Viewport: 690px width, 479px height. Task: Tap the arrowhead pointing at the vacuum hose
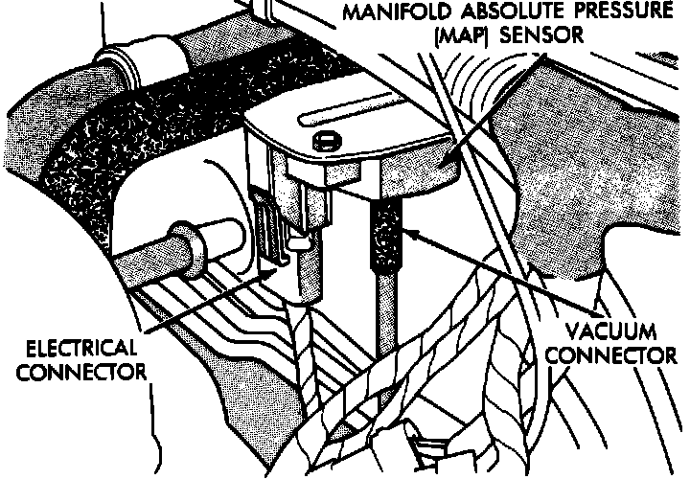(x=403, y=230)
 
